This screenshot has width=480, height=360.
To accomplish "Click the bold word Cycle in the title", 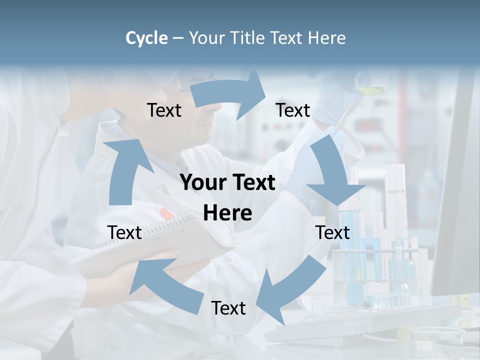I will [146, 38].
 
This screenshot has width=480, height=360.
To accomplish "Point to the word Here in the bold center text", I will [227, 213].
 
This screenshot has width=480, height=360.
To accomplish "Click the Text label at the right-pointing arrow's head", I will [292, 110].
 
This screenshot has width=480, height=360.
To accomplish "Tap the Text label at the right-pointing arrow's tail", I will [164, 110].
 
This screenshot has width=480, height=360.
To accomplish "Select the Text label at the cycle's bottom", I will [228, 308].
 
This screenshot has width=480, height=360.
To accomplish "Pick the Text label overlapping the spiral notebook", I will [124, 232].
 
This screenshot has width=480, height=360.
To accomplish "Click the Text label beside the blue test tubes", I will [333, 232].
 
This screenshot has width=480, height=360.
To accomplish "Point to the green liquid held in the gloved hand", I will [370, 90].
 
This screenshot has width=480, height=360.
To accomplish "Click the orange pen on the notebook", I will [167, 213].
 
